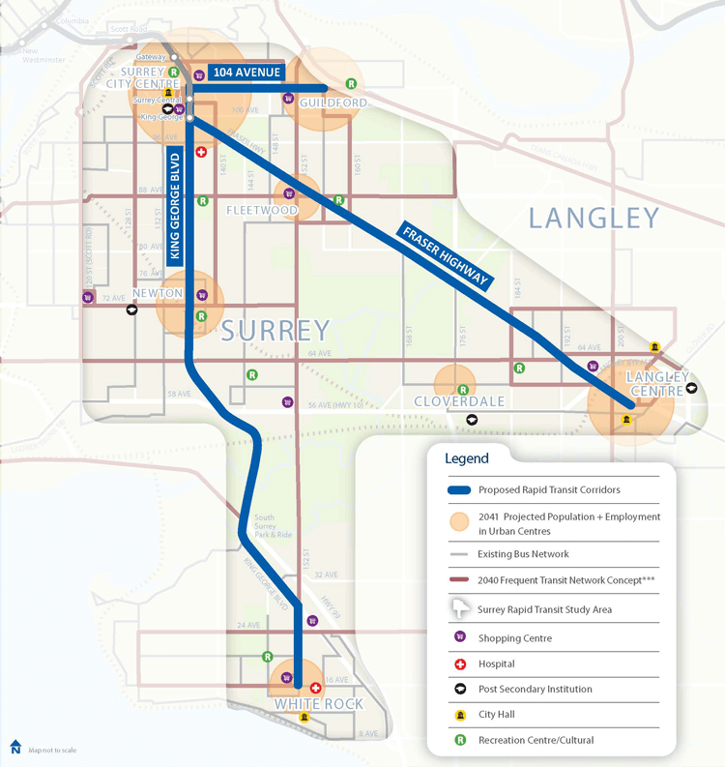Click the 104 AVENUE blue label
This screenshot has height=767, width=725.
[x=246, y=73]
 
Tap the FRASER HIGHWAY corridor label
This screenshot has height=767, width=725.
[x=446, y=255]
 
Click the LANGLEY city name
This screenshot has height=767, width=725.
[x=594, y=218]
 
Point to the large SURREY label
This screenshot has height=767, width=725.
[x=275, y=331]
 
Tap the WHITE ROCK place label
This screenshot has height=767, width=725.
[x=318, y=704]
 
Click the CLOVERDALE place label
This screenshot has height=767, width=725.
[x=454, y=401]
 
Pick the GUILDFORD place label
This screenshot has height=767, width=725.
[x=333, y=103]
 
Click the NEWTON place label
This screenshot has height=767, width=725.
[x=158, y=293]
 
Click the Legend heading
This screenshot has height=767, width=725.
[x=467, y=458]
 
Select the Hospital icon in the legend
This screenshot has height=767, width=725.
[x=461, y=664]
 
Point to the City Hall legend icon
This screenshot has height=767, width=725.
[x=461, y=715]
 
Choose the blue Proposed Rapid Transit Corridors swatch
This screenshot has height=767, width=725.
[x=461, y=490]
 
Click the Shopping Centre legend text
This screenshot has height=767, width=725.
[x=516, y=638]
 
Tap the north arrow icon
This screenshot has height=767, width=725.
[x=15, y=748]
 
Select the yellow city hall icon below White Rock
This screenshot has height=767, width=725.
[x=304, y=717]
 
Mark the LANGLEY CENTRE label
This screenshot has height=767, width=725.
[x=658, y=383]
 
